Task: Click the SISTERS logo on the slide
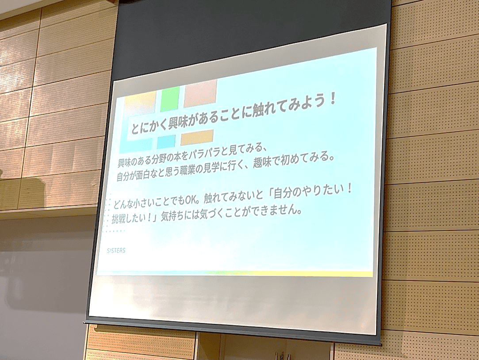[116, 250]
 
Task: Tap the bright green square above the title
[170, 99]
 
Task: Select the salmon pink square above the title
[200, 93]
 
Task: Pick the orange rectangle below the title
[197, 137]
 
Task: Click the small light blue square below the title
[166, 142]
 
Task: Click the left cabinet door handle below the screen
[278, 356]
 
